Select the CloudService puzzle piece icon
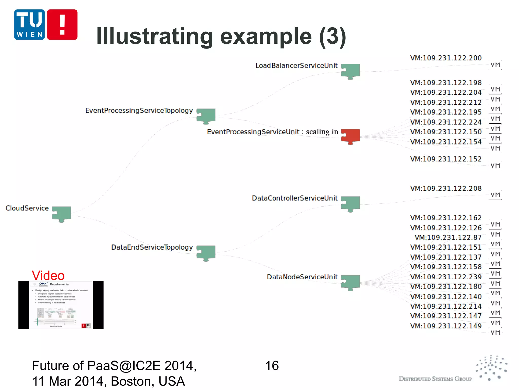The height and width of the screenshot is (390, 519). point(62,214)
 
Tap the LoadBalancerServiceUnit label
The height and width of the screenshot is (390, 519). point(296,66)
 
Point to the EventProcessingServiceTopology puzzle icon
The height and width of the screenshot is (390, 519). point(206,116)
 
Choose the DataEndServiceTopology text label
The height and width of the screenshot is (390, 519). point(152,247)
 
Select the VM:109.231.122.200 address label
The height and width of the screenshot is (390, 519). point(446,58)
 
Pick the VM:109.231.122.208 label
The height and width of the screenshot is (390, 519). point(446,188)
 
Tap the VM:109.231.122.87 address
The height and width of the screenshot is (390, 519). point(448,238)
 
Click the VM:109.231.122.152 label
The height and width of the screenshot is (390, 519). point(446,159)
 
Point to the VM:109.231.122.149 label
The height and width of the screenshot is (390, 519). point(446,326)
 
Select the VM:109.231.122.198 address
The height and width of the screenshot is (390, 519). point(446,83)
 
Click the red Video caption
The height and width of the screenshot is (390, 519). point(48,275)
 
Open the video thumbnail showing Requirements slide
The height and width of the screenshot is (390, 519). point(61,305)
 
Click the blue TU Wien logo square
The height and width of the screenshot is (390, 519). point(29,25)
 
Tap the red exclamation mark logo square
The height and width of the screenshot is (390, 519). point(62,25)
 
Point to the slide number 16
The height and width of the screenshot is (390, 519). point(272,366)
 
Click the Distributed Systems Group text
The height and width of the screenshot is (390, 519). point(435,379)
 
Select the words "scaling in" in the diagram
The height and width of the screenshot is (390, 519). point(322,132)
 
